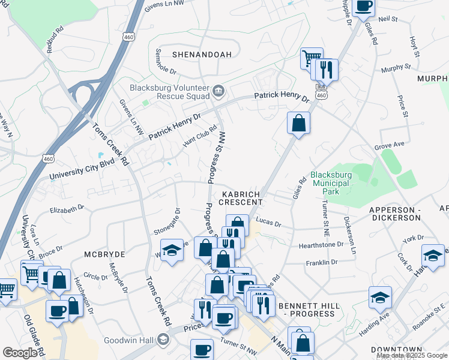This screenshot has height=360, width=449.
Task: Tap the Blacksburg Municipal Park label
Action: pos(330,184)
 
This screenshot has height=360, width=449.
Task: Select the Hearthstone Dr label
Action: pos(321,245)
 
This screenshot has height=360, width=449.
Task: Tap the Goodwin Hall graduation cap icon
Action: pos(163,340)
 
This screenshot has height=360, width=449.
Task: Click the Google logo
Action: pos(20,353)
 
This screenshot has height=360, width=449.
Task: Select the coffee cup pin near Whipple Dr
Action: pos(363,7)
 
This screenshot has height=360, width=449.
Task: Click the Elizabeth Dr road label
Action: pos(67,209)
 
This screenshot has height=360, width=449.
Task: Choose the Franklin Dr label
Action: pos(321,263)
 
